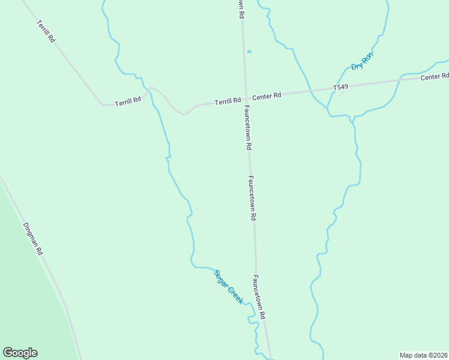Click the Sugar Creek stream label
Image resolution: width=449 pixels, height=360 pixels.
click(x=228, y=287)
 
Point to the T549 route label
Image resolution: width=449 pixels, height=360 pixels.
click(x=341, y=88)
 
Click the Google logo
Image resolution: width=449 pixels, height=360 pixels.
click(x=20, y=353)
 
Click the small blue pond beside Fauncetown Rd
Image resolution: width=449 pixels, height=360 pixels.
click(x=249, y=52)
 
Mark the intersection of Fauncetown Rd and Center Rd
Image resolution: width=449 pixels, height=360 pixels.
click(x=246, y=98)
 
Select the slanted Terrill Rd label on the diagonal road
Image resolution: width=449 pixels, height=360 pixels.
click(x=46, y=31)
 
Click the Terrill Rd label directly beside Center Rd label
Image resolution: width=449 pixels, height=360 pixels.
click(x=228, y=101)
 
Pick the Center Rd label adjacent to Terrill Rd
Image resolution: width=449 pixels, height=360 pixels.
click(x=267, y=96)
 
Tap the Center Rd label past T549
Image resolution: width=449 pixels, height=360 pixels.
click(x=435, y=77)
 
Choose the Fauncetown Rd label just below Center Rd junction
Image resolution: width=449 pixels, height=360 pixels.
click(x=247, y=128)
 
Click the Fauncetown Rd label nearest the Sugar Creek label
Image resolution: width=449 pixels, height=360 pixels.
click(x=259, y=297)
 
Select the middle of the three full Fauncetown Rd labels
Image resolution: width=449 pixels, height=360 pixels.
click(x=253, y=198)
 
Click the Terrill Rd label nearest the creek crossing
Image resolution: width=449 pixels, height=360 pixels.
click(x=128, y=100)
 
